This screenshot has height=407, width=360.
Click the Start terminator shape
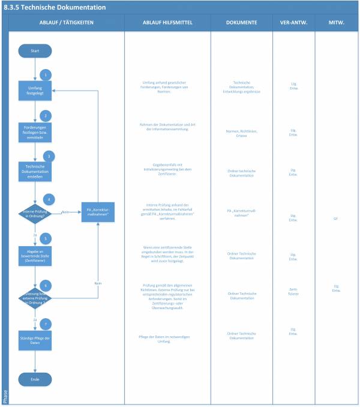click(x=35, y=52)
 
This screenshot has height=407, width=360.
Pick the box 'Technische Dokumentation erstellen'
click(x=35, y=170)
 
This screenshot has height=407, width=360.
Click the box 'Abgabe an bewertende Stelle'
click(x=35, y=253)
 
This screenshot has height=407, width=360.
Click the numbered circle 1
click(x=44, y=75)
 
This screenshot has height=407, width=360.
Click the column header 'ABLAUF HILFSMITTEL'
click(x=167, y=22)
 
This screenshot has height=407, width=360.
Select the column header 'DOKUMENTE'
click(x=241, y=22)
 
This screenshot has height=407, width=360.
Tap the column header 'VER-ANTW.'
click(x=293, y=22)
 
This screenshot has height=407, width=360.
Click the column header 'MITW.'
click(x=336, y=22)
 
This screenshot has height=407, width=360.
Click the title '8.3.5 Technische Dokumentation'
click(x=55, y=8)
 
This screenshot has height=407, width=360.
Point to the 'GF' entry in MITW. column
click(x=336, y=219)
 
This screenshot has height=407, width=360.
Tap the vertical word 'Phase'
click(x=5, y=394)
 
